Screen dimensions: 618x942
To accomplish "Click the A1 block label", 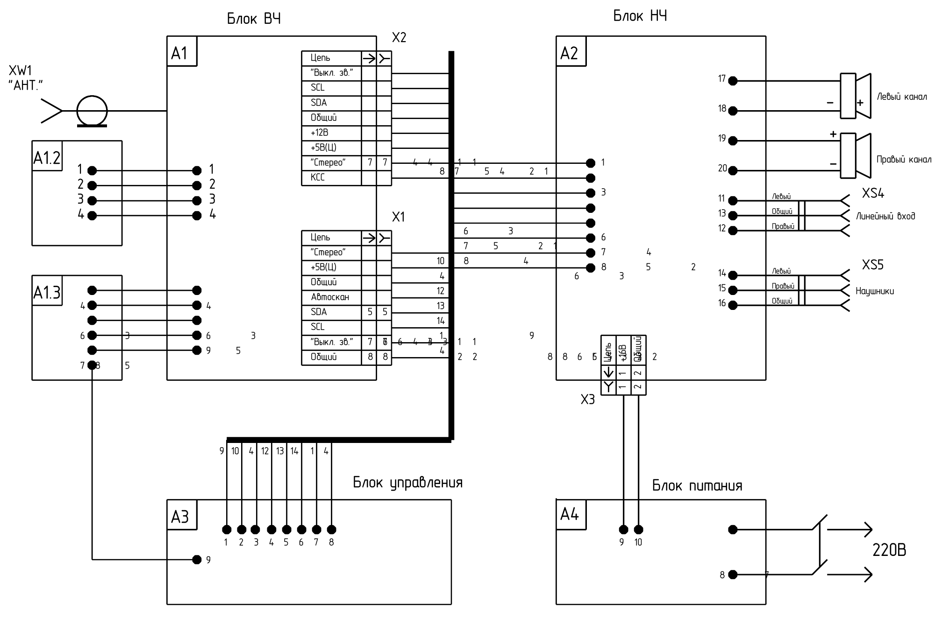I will [x=179, y=53].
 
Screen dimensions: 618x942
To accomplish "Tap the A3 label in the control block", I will [x=180, y=517].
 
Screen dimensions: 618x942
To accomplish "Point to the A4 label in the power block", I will [x=569, y=514].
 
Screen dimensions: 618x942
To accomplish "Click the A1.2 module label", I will [x=47, y=158].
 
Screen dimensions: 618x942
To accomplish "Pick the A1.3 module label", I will [x=47, y=293].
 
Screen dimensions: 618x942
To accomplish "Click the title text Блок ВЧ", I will [x=254, y=19].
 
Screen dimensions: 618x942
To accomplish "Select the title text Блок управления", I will [x=407, y=482].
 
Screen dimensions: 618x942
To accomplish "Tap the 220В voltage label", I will [x=889, y=551].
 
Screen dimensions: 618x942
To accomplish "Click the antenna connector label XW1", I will [x=20, y=71].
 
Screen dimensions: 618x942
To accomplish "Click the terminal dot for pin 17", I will [x=733, y=81].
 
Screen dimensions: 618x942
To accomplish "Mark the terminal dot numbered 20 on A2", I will [x=733, y=170].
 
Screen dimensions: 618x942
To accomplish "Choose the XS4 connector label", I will [x=873, y=193].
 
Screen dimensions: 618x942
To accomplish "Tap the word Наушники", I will [x=874, y=291].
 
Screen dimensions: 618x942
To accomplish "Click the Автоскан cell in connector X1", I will [x=330, y=297].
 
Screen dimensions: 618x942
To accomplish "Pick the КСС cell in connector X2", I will [x=318, y=177].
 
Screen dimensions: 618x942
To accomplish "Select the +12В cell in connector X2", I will [x=320, y=133].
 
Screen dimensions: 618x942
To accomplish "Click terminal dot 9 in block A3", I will [x=197, y=559].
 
